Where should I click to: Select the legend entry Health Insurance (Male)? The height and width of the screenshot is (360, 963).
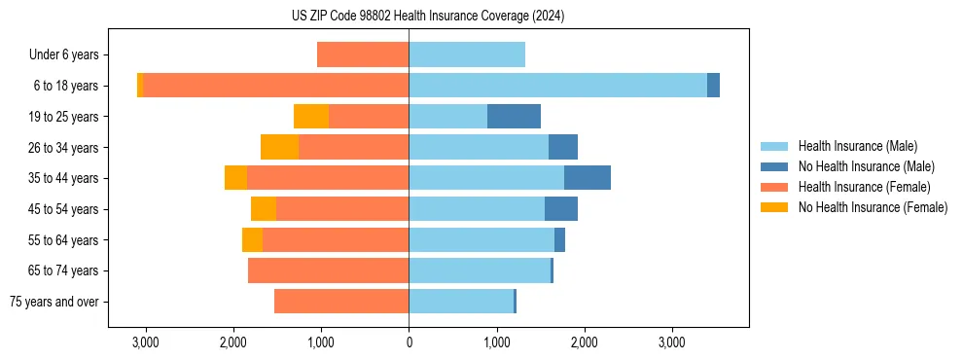coord(857,146)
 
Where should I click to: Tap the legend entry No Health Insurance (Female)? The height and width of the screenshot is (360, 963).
coord(873,207)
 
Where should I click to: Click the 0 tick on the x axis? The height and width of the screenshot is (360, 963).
coord(409,342)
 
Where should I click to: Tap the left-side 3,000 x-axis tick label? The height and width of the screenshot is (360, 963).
coord(145,342)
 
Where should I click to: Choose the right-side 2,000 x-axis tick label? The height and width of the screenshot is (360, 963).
coord(585,342)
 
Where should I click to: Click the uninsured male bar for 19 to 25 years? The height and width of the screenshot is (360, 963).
coord(514,117)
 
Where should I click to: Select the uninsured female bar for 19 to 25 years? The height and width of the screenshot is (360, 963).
coord(311,117)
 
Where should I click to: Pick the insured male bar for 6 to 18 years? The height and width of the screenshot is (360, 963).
coord(557,86)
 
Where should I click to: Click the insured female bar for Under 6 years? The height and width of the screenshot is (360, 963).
coord(363,55)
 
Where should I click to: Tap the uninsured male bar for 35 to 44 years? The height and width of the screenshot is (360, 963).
coord(588,178)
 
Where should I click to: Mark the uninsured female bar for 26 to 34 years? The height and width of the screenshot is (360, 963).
coord(279,147)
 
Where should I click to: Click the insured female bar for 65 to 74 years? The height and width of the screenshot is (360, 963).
coord(328,270)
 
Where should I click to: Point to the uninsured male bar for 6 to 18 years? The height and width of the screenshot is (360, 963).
coord(713,86)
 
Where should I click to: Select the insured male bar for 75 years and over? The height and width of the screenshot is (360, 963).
coord(461,302)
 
